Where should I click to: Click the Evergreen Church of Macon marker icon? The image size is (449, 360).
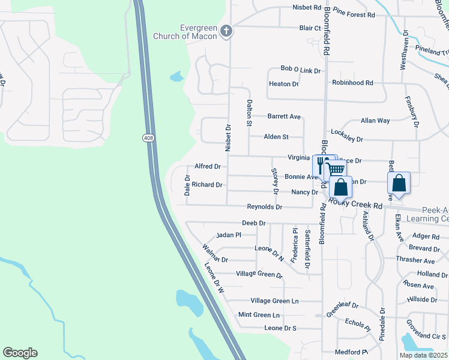(226, 31)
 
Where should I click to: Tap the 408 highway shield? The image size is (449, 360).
(148, 138)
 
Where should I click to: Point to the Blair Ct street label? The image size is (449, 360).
(310, 28)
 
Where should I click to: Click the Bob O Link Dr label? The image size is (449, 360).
(301, 70)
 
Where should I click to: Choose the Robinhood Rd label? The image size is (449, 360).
(352, 82)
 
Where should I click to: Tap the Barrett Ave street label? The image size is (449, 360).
(284, 116)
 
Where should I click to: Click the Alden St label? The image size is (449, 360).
(277, 137)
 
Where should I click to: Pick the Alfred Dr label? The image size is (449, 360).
(208, 166)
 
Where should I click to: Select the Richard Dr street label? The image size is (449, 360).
(207, 185)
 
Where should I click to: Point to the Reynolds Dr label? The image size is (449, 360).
(265, 206)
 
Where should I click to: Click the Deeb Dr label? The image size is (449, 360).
(253, 223)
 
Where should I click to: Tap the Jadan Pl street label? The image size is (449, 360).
(228, 235)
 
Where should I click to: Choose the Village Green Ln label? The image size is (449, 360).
(274, 301)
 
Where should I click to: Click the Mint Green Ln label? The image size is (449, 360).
(259, 314)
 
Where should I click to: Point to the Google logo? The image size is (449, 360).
(20, 353)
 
